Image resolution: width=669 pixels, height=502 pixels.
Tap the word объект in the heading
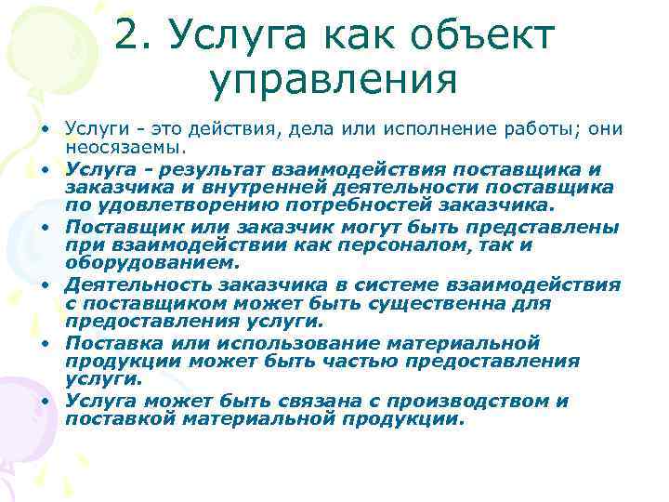click(489, 36)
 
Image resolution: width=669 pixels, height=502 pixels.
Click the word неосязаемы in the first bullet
click(123, 147)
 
